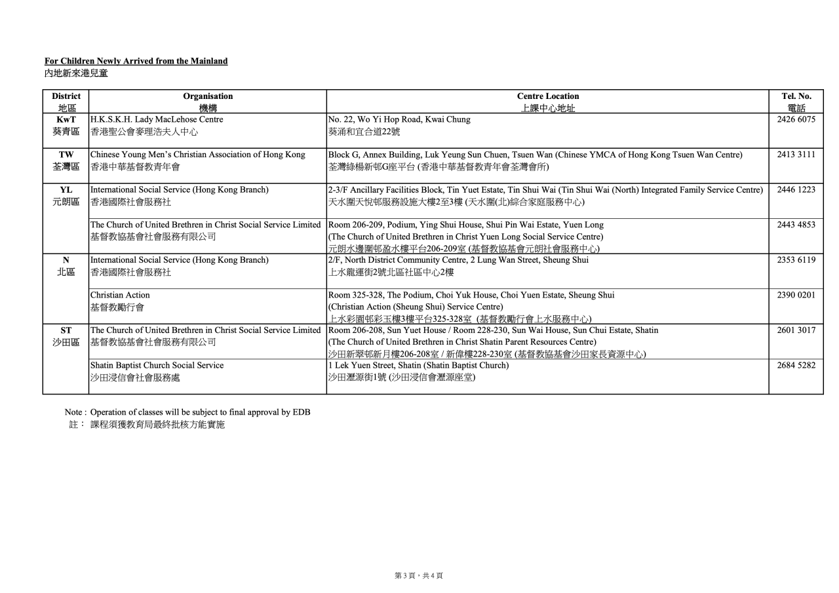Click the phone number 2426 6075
click(796, 120)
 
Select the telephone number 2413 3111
click(796, 155)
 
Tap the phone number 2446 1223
click(796, 190)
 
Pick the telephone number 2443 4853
click(796, 225)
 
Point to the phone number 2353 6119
click(796, 260)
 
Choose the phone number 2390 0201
click(796, 295)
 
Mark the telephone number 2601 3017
click(796, 330)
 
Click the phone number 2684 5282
click(796, 365)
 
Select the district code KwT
click(66, 120)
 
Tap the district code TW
click(66, 155)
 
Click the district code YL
click(66, 190)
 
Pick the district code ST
click(66, 330)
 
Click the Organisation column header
click(208, 96)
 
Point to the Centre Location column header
click(548, 96)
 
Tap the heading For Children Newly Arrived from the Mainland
click(136, 61)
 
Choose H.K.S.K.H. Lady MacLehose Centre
click(157, 120)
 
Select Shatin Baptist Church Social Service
click(157, 365)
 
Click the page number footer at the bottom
click(419, 575)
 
